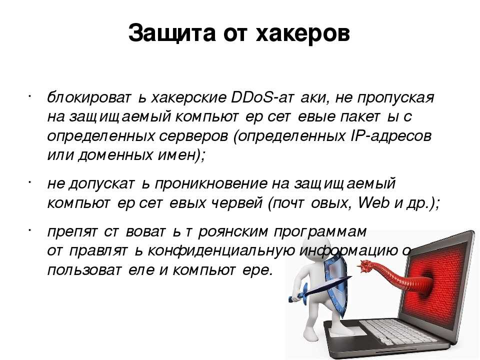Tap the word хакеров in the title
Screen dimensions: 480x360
303,33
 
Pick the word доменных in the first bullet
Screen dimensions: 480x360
115,155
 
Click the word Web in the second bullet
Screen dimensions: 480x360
374,202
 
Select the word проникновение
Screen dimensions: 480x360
211,183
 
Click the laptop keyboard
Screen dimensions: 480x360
398,332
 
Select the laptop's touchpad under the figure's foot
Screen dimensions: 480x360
349,331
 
